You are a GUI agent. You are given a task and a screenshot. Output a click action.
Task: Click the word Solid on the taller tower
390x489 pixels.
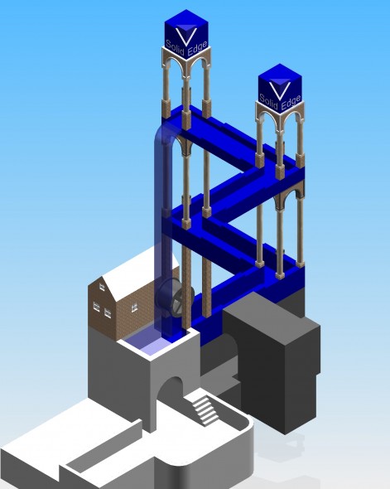175,47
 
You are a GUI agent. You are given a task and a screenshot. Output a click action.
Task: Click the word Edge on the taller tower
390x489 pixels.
198,48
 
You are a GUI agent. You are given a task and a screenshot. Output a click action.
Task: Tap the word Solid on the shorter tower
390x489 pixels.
268,102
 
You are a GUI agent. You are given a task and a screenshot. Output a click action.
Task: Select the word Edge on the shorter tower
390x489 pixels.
291,102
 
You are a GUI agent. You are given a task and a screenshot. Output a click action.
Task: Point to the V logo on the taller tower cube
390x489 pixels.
186,35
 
